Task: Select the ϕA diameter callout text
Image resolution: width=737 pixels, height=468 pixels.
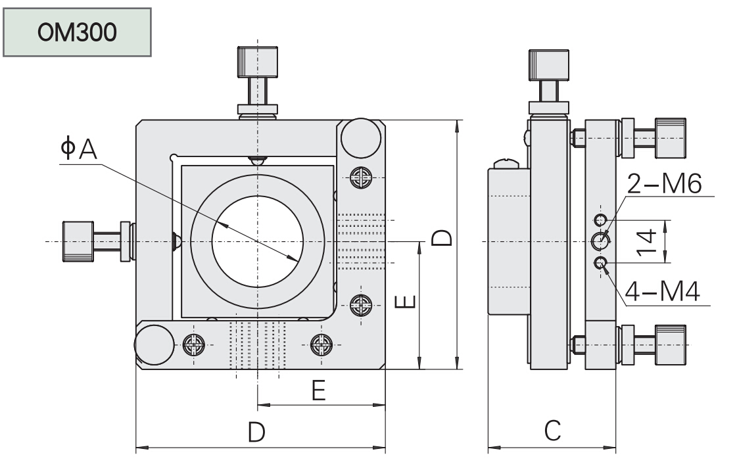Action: pyautogui.click(x=78, y=150)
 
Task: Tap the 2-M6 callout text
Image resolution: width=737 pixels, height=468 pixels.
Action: pyautogui.click(x=663, y=185)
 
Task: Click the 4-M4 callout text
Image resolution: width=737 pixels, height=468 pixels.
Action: pyautogui.click(x=662, y=291)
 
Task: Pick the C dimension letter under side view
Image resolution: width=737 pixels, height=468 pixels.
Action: pyautogui.click(x=552, y=431)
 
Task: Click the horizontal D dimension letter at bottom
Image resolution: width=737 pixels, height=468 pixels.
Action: pyautogui.click(x=256, y=432)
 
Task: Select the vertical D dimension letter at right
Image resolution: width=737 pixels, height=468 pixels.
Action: pyautogui.click(x=441, y=237)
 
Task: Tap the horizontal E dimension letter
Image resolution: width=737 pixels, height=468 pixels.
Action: pyautogui.click(x=318, y=391)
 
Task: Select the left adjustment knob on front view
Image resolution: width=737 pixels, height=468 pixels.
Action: pyautogui.click(x=78, y=242)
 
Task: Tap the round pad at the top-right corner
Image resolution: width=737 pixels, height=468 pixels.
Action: pyautogui.click(x=361, y=137)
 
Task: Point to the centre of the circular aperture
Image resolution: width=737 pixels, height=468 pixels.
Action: pyautogui.click(x=257, y=242)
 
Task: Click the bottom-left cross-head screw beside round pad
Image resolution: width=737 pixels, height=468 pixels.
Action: pyautogui.click(x=195, y=343)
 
